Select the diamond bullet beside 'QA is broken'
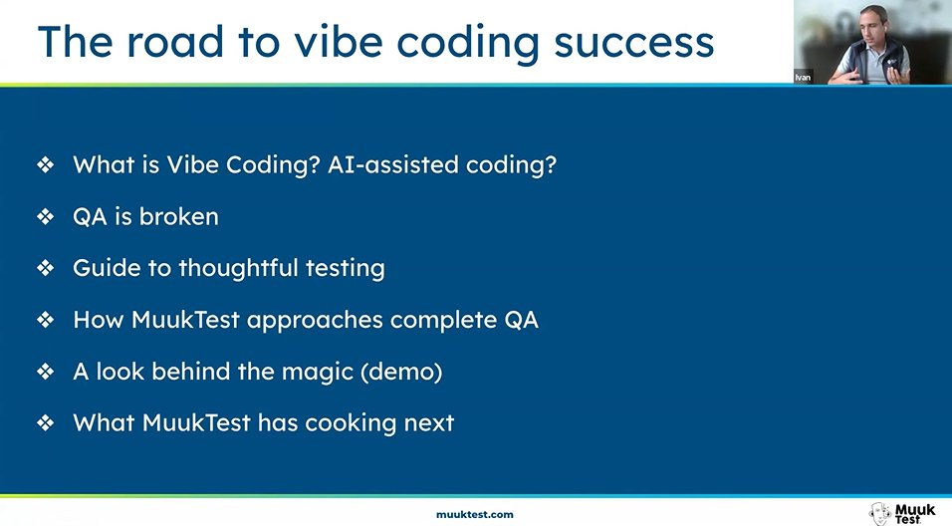tap(45, 217)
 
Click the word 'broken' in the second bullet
tap(178, 216)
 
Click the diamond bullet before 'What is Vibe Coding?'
tap(45, 165)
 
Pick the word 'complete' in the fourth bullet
tap(439, 321)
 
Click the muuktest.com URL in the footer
tap(475, 514)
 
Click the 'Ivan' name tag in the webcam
tap(803, 77)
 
